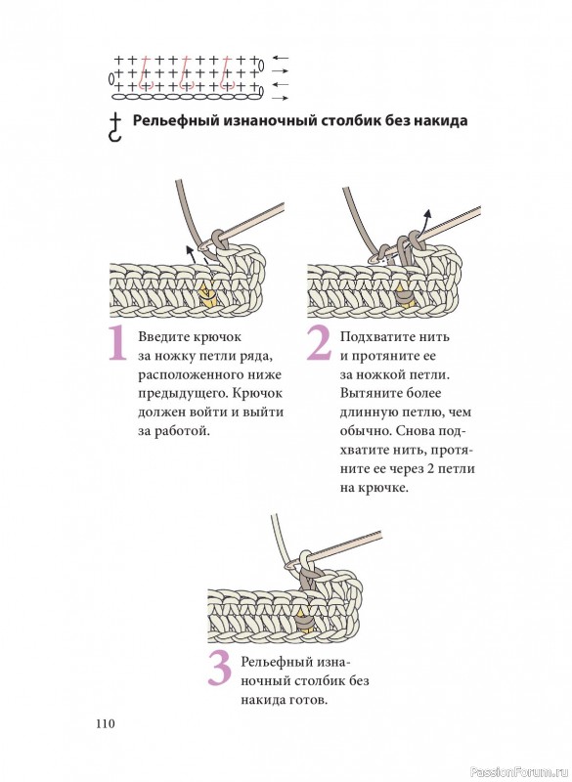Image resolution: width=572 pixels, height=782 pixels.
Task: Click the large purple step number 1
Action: [x=117, y=343]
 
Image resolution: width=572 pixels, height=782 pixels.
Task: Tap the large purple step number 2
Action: [x=319, y=343]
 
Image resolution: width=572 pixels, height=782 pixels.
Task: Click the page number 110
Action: [x=106, y=723]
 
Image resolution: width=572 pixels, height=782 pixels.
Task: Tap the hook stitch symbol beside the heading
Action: [x=115, y=127]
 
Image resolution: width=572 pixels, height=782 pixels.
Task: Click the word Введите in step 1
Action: [x=162, y=337]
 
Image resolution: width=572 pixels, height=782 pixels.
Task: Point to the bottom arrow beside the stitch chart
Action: [x=281, y=99]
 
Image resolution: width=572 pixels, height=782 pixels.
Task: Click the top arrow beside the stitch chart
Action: [x=281, y=59]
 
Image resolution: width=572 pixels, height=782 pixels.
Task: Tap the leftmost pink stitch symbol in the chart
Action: [x=145, y=73]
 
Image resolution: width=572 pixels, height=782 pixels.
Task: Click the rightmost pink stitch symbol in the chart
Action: [x=227, y=73]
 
